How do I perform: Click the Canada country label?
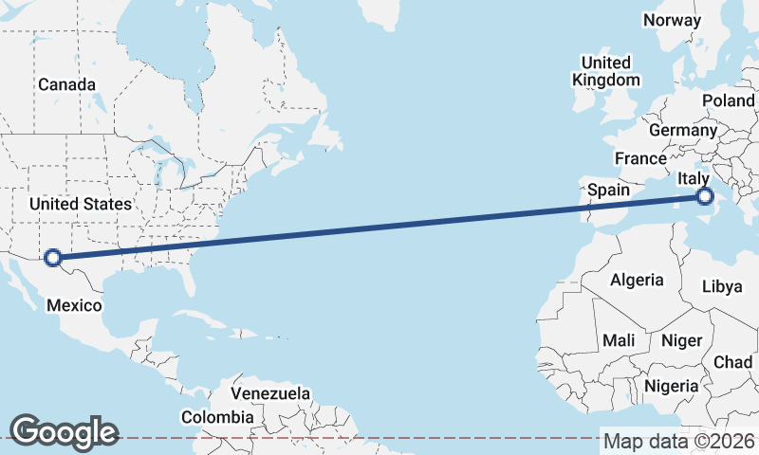(x=66, y=84)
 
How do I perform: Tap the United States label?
(x=81, y=204)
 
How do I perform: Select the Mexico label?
(x=74, y=305)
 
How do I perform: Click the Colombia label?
(x=217, y=416)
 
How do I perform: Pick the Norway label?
(x=672, y=20)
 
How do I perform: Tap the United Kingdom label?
(x=606, y=71)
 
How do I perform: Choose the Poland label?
(x=728, y=100)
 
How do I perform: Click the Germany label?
(x=683, y=130)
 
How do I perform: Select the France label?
(x=640, y=158)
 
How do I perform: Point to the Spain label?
(x=608, y=190)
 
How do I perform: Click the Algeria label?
(x=637, y=280)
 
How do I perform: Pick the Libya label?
(x=723, y=286)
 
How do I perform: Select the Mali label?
(x=619, y=340)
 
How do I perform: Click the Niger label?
(x=681, y=340)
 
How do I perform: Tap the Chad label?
(x=732, y=362)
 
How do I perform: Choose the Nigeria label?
(x=671, y=386)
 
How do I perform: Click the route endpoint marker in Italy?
(x=704, y=197)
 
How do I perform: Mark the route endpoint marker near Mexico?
(x=53, y=257)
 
